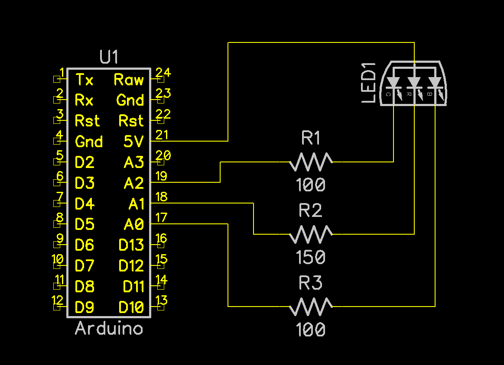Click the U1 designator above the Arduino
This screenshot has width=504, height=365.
109,58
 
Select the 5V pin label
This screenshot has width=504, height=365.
133,142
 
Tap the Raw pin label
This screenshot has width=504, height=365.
129,80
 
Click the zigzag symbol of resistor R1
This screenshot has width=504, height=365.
311,162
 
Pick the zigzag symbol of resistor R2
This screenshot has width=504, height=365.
311,234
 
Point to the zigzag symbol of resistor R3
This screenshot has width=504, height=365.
311,307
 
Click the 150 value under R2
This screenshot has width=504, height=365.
311,258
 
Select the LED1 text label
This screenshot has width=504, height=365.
368,83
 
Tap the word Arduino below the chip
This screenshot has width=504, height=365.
109,329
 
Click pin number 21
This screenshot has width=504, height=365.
162,135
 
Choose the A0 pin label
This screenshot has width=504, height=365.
133,224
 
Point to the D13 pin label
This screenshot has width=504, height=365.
131,245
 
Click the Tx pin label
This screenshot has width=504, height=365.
84,80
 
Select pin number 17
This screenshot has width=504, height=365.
161,218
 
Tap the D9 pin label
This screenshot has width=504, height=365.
84,307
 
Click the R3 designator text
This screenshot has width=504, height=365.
311,284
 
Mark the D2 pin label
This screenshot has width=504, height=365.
84,162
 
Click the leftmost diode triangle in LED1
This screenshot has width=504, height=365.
393,82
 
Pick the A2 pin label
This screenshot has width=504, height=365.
133,183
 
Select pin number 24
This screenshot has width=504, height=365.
163,73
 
